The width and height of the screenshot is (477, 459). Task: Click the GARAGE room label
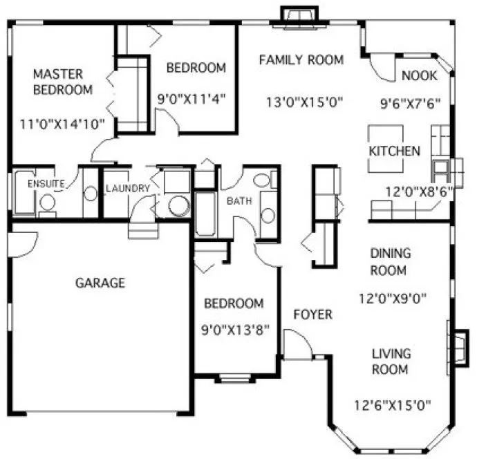[100, 282]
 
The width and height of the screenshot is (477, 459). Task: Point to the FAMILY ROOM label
[301, 60]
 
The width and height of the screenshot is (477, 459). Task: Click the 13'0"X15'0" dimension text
[305, 103]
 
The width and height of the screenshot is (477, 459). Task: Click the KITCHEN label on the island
[394, 151]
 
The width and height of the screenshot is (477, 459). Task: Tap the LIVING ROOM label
[391, 361]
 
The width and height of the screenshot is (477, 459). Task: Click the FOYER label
[312, 315]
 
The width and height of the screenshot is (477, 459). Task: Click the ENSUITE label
[46, 184]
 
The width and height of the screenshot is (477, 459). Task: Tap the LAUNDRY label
[127, 188]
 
